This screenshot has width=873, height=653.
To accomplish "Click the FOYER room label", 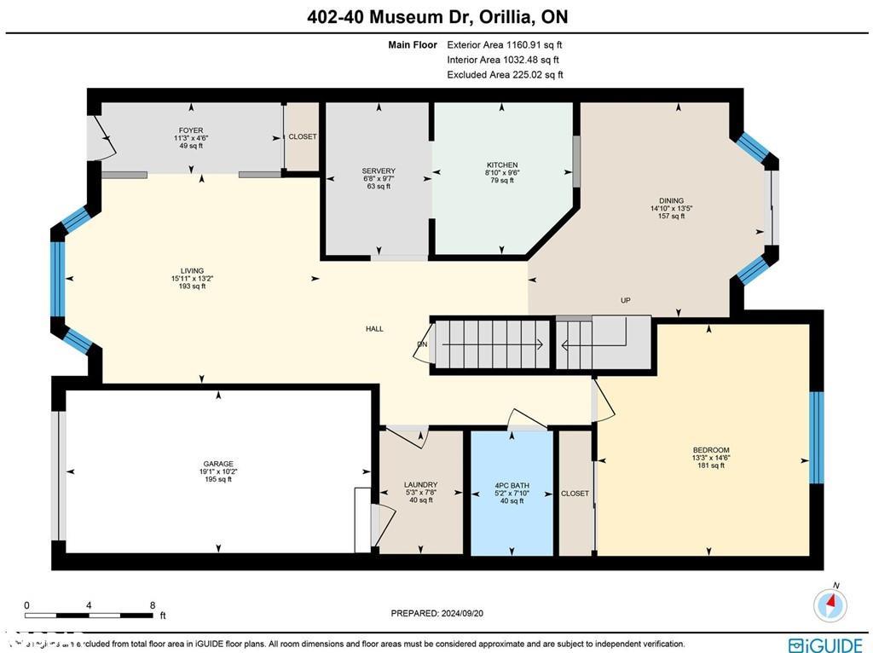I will (x=191, y=130).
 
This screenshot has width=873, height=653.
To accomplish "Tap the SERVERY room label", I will (x=379, y=171).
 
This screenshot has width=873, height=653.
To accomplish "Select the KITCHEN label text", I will (x=502, y=165).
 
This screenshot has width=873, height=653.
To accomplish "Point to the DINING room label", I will (x=671, y=201).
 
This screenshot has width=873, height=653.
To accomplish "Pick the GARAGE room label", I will (x=218, y=465).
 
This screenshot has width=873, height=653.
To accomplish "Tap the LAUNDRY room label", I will (x=420, y=485).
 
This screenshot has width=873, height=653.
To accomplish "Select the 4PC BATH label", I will (x=512, y=486).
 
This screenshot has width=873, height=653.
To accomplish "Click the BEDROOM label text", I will (x=710, y=450).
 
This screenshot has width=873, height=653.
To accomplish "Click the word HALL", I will (x=375, y=328).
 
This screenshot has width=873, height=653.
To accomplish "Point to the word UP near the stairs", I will (x=625, y=301).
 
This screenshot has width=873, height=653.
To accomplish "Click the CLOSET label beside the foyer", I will (x=302, y=137).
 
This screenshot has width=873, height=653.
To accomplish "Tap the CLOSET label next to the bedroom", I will (x=575, y=494).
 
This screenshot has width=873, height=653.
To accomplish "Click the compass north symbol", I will (x=830, y=604).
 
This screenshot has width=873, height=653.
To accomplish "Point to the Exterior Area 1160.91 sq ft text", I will (x=505, y=45).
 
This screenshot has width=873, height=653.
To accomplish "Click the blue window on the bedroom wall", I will (x=816, y=437).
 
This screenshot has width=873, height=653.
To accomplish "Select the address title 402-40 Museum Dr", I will (x=436, y=16).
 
